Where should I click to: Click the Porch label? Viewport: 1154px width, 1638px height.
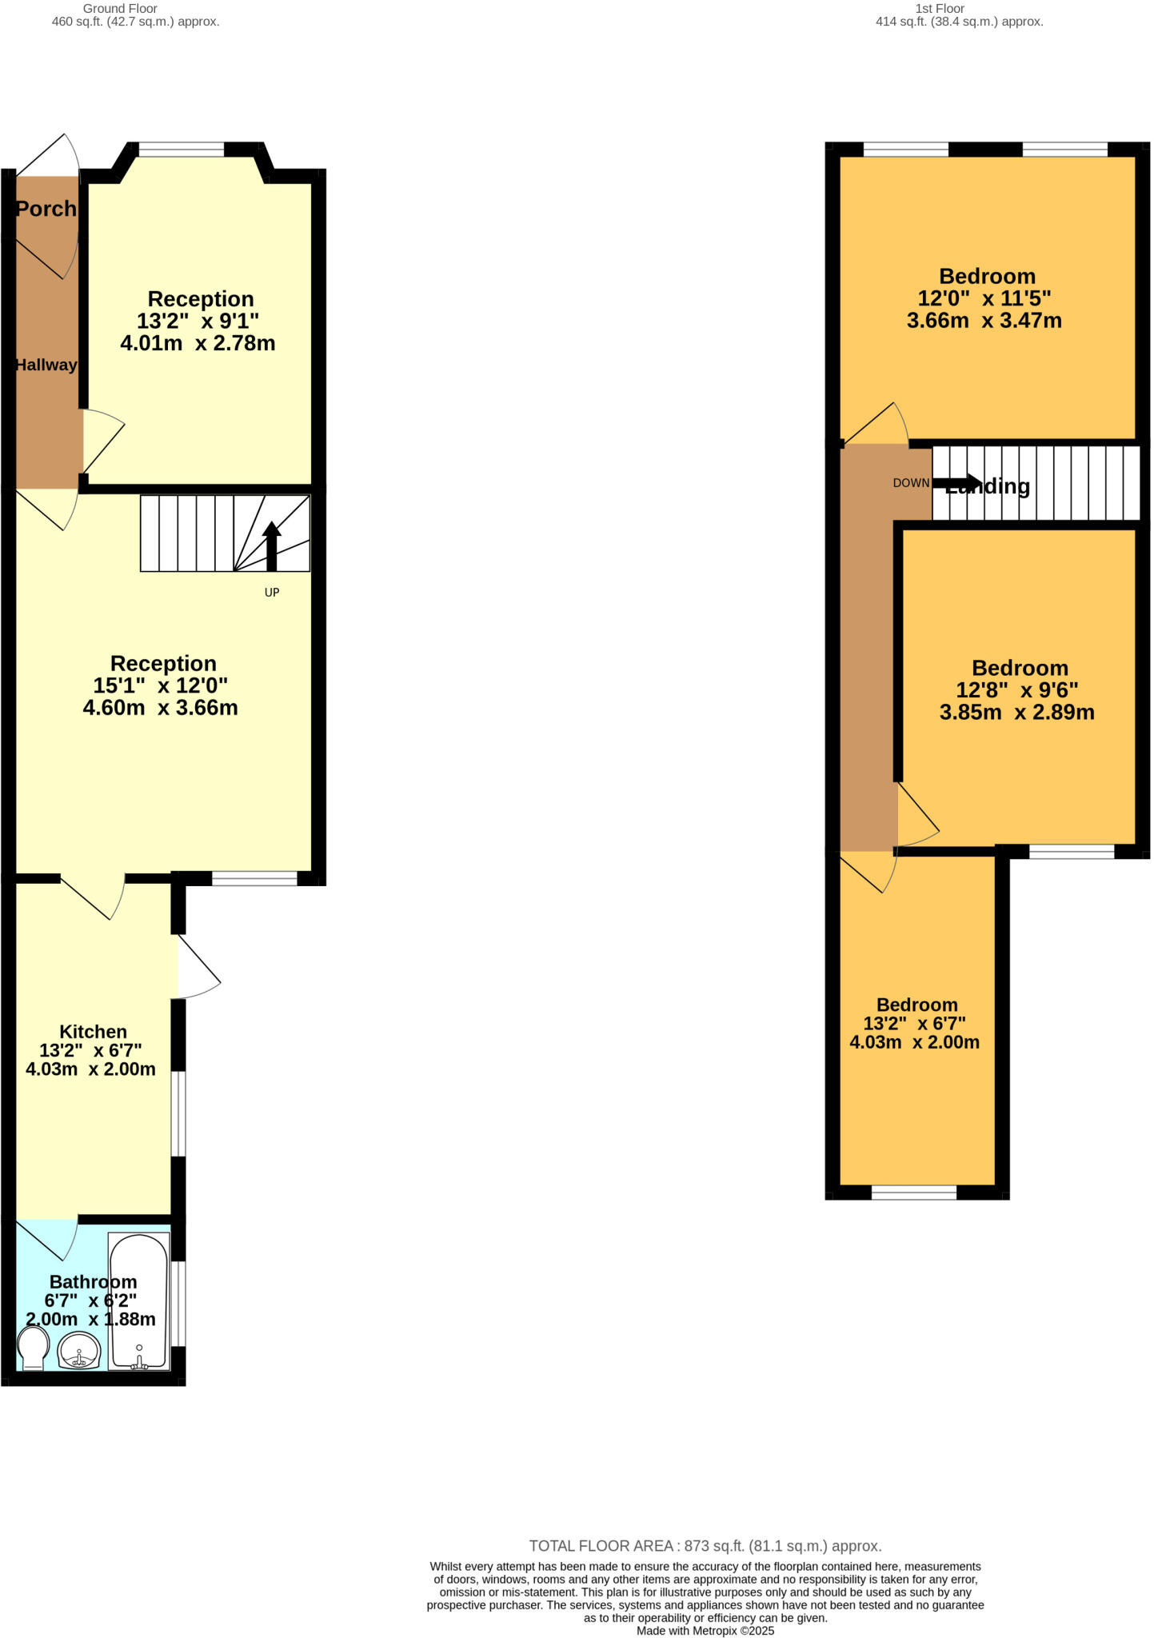pos(46,209)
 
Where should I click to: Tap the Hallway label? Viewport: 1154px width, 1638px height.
pos(46,365)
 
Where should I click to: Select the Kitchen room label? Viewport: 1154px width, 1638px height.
pos(93,1032)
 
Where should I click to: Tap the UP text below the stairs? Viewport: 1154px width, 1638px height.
pos(272,593)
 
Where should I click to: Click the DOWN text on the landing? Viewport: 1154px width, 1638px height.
pos(911,483)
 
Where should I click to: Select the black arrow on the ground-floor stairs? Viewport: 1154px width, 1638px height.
pos(272,545)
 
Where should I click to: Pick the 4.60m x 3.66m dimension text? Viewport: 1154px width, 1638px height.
pos(161,708)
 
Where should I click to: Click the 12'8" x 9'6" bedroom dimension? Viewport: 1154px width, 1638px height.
pos(1016,689)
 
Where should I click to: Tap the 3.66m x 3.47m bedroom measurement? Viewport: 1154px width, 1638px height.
pos(984,321)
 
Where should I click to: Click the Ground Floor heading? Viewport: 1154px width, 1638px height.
pos(120,9)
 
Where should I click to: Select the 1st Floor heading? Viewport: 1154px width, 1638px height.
pos(940,9)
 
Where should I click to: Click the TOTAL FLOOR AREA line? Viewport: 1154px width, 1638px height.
pos(705,1546)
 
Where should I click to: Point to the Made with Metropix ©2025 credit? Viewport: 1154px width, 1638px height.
pos(705,1631)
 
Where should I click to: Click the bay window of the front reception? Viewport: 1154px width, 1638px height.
pos(182,149)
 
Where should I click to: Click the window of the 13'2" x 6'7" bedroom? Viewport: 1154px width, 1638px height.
pos(914,1193)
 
